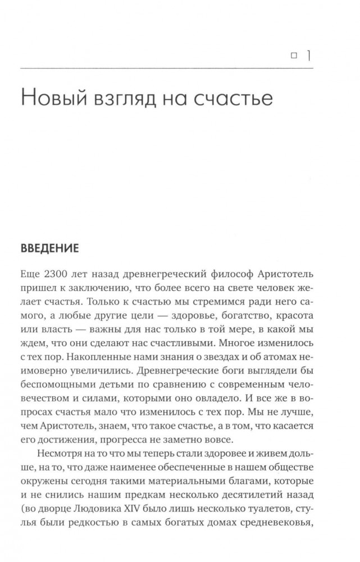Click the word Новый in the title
[x=52, y=99]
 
